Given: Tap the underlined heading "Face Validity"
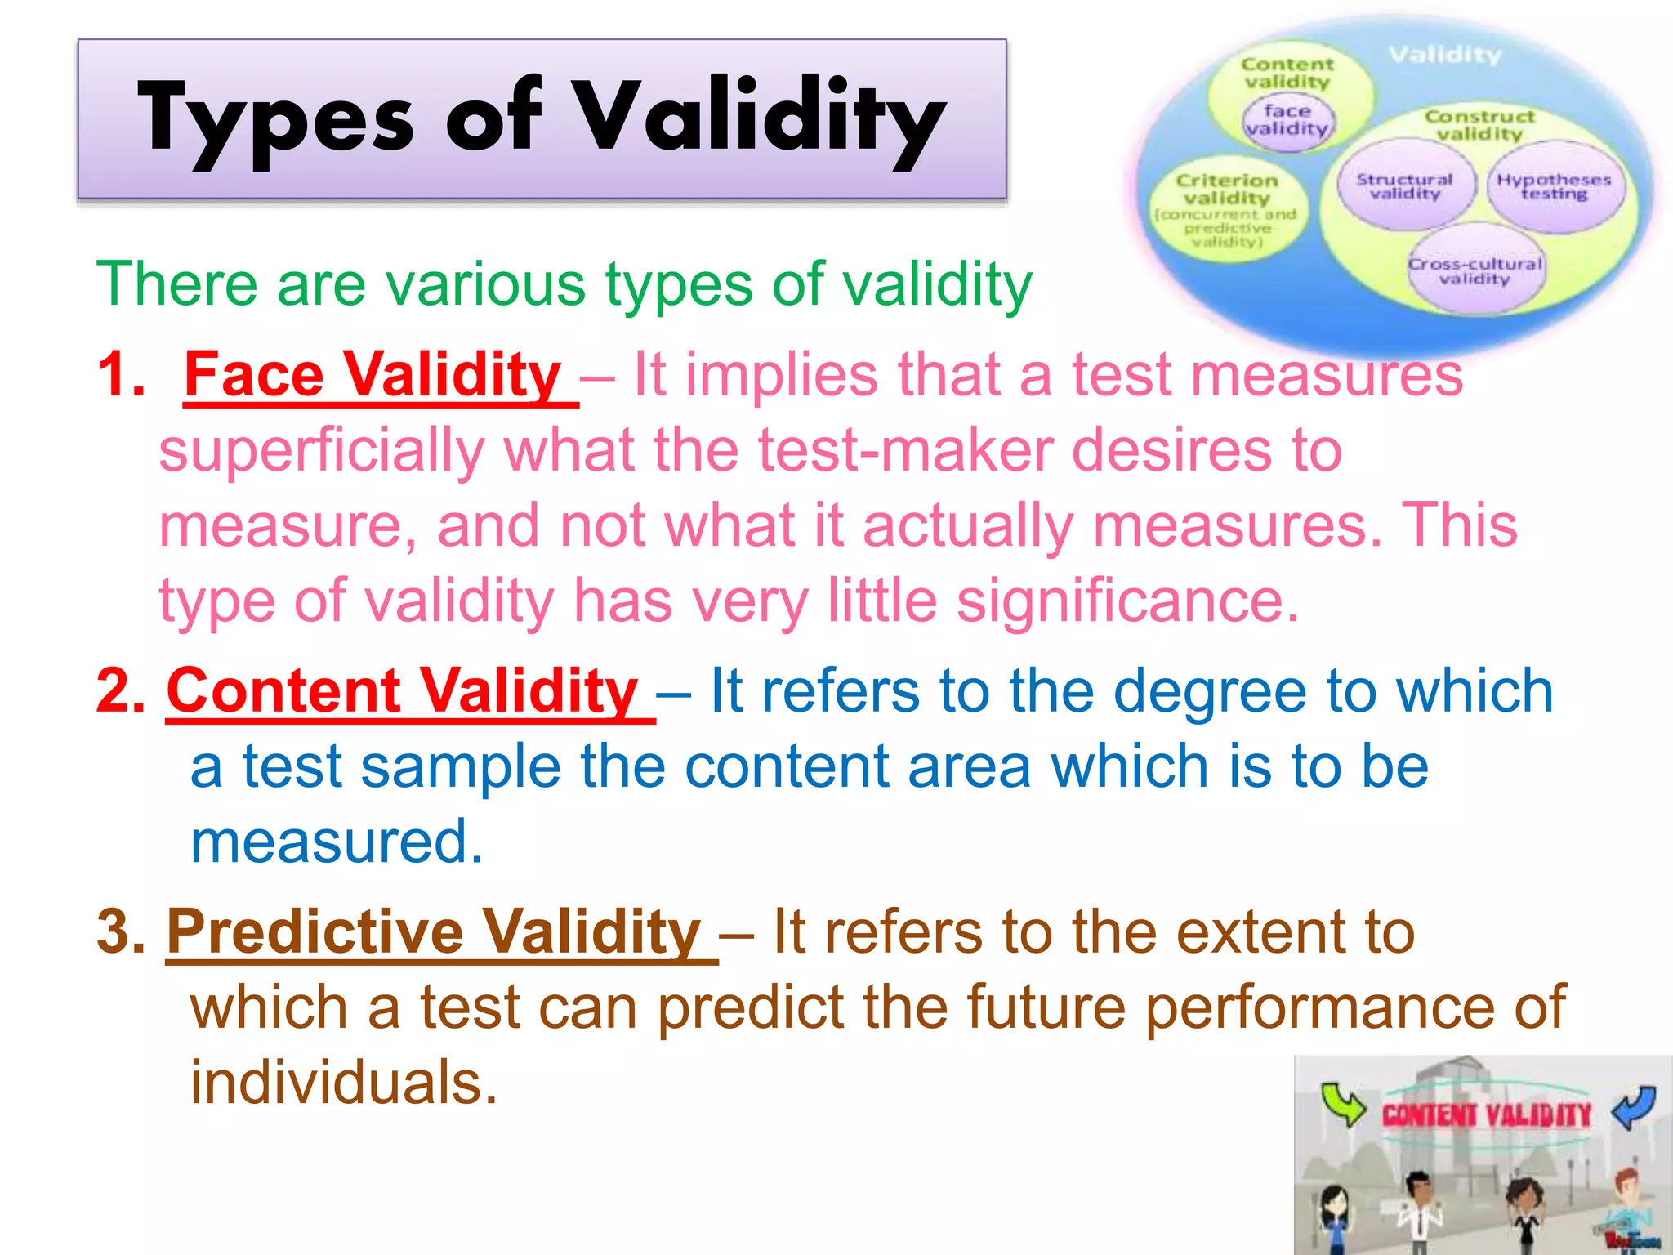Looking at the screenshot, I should point(373,375).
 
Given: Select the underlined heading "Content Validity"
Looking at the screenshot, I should point(402,691).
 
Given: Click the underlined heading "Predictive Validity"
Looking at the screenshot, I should point(434,932).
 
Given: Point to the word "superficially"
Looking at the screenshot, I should point(322,451).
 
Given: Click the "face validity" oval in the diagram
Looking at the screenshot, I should point(1287,120).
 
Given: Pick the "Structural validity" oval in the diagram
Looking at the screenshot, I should point(1404,186).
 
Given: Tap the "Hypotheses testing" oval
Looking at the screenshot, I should point(1554,186).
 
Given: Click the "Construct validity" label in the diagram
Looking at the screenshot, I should point(1479,125).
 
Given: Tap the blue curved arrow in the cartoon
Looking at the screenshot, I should point(1635,1106).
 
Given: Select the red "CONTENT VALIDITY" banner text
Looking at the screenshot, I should point(1487,1115).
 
